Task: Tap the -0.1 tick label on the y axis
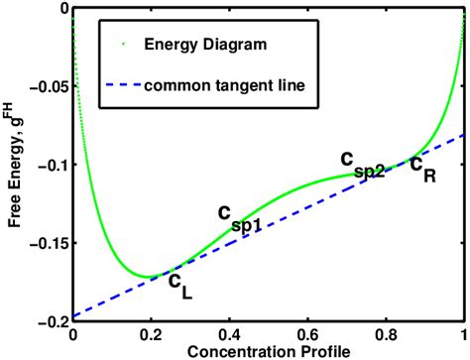(51, 165)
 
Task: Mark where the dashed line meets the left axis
(72, 316)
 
